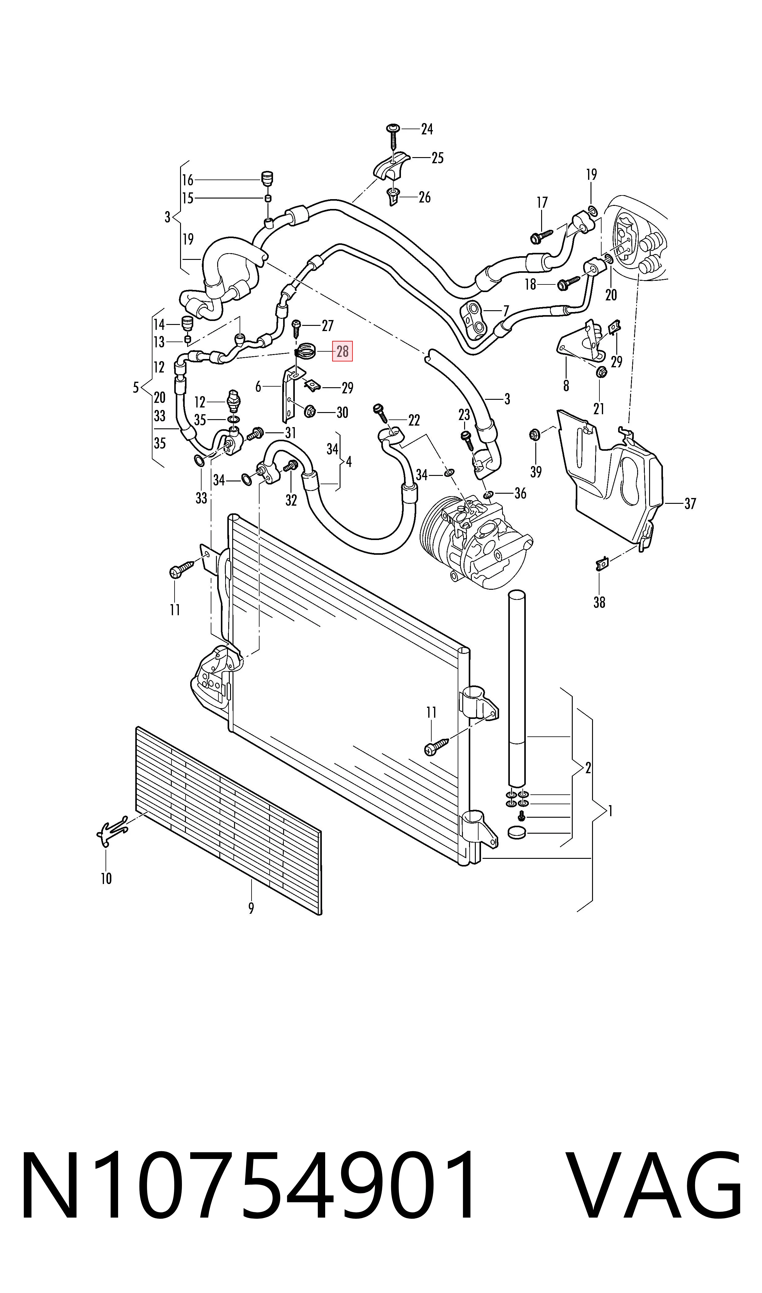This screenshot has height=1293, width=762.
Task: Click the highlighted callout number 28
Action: coord(342,351)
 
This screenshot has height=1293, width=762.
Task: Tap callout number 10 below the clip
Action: coord(106,878)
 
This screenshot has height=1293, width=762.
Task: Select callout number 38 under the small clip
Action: coord(599,602)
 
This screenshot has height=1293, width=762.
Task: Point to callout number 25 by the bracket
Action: coord(437,158)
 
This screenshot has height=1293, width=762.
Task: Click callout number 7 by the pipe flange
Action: coord(506,311)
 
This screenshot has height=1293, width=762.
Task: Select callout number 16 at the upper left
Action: coord(187,180)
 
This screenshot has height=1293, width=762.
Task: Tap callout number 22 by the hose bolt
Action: coord(414,421)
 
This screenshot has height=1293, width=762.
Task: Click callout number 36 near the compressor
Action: coord(520,493)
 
